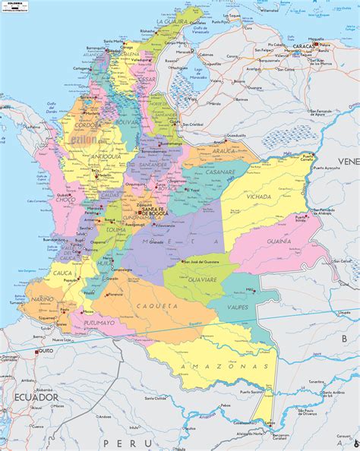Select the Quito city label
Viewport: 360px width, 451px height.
47,352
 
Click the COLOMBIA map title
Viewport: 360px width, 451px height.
13,4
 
